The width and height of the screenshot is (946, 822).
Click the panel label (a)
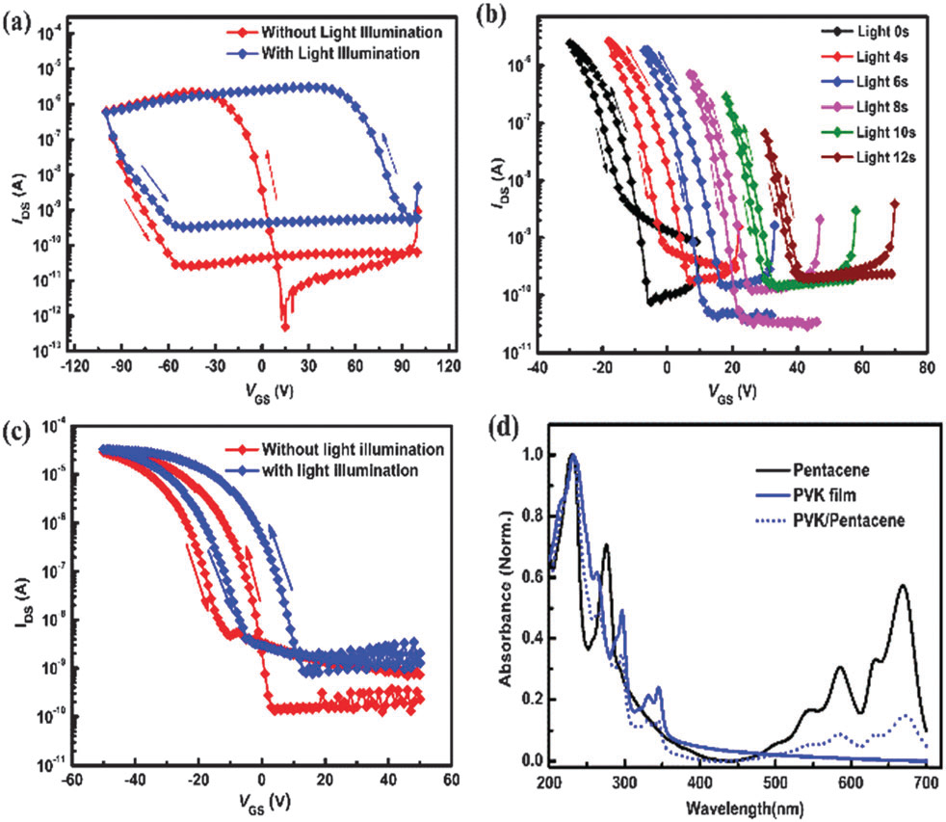pos(16,15)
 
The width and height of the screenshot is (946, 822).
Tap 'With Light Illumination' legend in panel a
pos(340,54)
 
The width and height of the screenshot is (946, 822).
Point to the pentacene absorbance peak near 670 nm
pos(903,585)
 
